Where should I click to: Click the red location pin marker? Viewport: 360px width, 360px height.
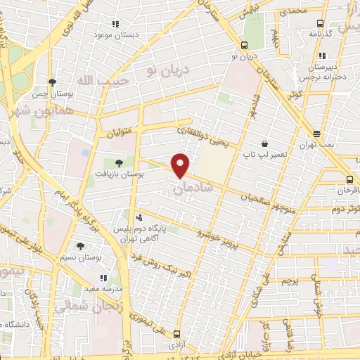pos(181,165)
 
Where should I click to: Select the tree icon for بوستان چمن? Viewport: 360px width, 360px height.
pos(51,82)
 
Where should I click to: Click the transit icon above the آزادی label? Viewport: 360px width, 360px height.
pos(175,335)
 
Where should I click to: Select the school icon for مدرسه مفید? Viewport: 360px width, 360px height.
pos(103,278)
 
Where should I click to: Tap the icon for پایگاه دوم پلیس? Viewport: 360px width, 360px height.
pos(139,217)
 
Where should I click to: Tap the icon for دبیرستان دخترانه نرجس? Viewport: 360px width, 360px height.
pos(321,55)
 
